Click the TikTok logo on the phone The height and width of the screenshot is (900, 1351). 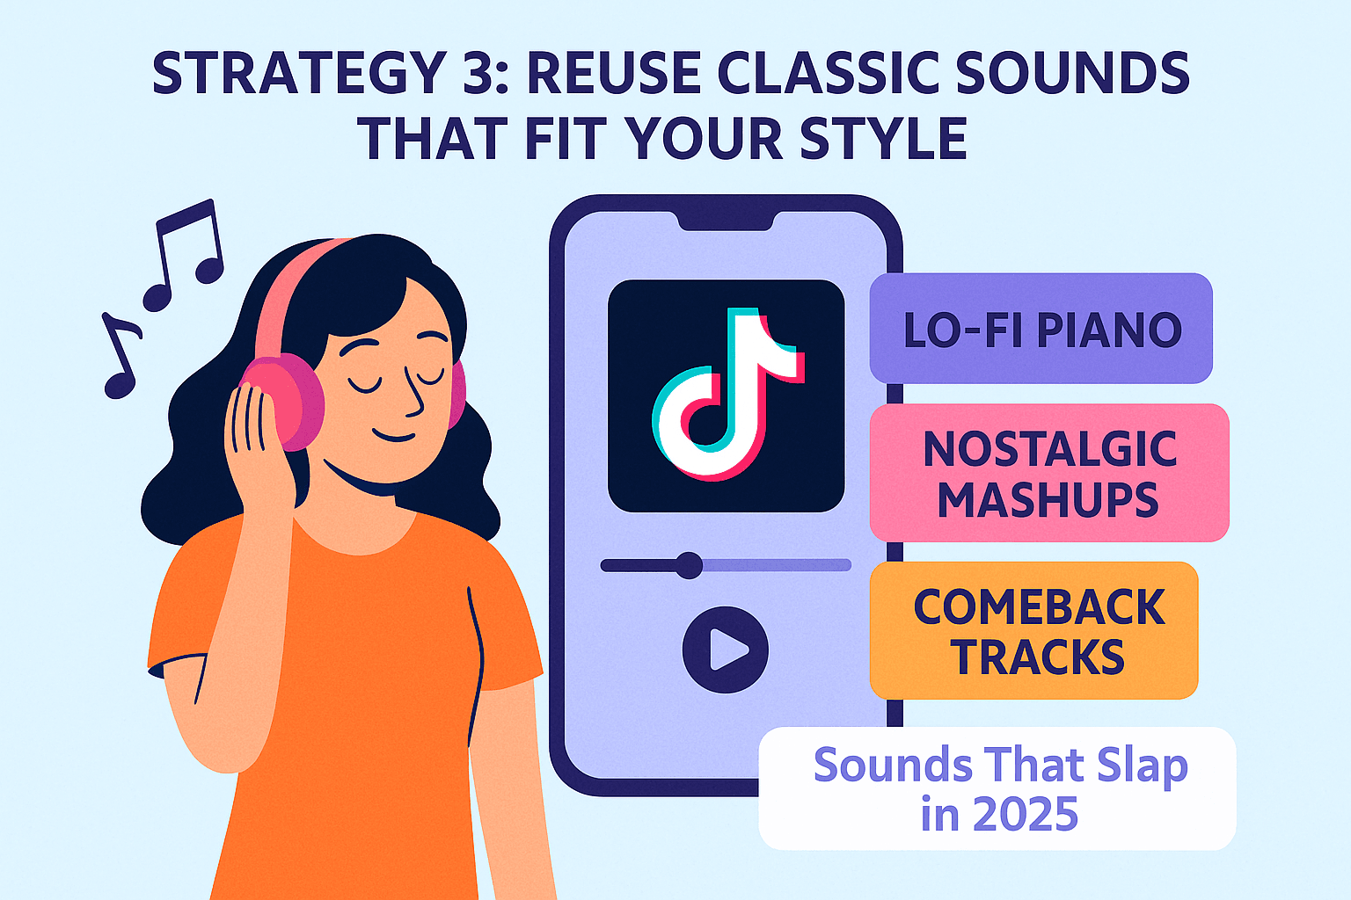point(727,396)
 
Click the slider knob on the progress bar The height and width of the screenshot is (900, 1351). point(688,565)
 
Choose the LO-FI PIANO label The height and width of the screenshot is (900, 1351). point(1041,330)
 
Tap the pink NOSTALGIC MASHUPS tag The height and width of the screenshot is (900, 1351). point(1048,473)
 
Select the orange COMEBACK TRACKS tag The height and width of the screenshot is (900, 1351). point(1034,631)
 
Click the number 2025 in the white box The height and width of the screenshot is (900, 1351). point(1026,814)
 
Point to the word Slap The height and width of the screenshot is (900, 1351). point(1142,766)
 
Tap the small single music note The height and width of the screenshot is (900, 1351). point(121,356)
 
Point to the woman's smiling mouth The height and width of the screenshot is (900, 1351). point(393,435)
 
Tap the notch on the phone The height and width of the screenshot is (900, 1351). point(727,220)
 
